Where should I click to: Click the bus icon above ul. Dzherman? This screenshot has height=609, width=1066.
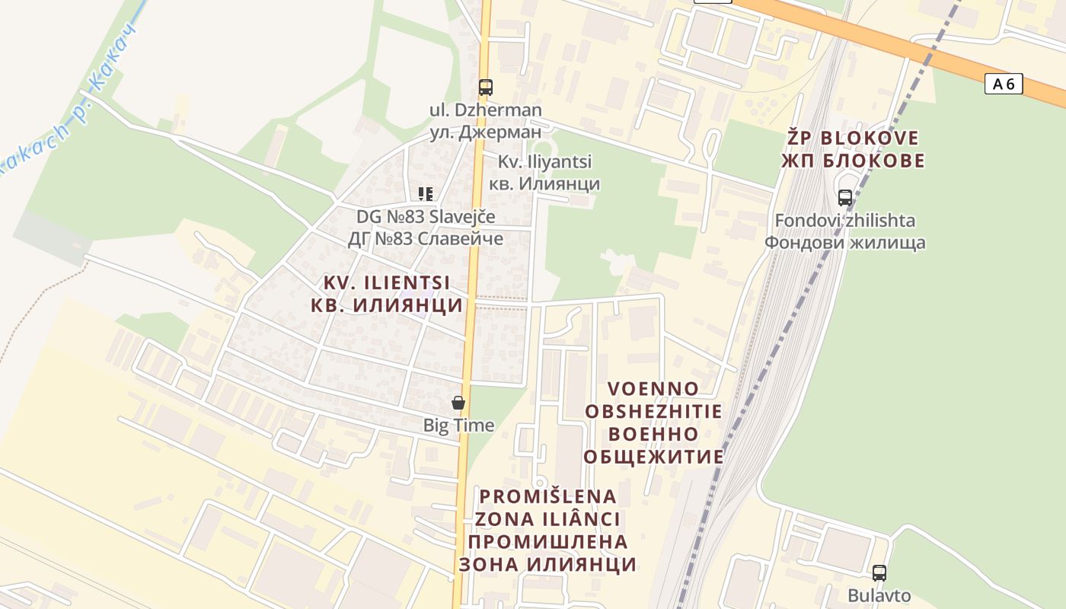[486, 88]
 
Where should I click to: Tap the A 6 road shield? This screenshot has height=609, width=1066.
[1004, 84]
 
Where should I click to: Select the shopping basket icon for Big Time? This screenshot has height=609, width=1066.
[458, 403]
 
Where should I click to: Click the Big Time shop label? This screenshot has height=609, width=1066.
[458, 425]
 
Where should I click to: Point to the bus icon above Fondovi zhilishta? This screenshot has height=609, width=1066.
[844, 198]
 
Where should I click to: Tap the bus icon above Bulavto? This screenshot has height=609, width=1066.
[879, 573]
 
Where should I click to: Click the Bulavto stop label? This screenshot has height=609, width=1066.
[879, 595]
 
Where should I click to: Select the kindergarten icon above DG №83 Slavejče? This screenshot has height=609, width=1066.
[426, 194]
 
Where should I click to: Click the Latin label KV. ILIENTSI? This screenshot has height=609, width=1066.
[387, 282]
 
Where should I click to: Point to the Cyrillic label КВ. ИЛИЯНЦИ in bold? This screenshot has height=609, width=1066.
[387, 305]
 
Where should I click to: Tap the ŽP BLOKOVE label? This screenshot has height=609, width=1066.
[853, 139]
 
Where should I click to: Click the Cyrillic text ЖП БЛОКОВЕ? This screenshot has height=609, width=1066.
[853, 161]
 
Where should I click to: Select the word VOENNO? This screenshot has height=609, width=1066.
[653, 389]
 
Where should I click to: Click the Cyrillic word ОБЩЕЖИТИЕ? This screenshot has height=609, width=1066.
[653, 457]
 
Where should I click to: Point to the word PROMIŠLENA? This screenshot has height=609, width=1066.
[547, 496]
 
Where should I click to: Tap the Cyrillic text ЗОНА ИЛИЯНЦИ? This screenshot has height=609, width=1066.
[547, 564]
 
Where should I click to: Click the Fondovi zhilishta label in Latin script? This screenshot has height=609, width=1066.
[845, 221]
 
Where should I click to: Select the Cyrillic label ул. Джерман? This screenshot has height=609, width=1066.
[486, 132]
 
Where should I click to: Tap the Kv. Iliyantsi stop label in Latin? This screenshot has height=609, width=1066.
[544, 161]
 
